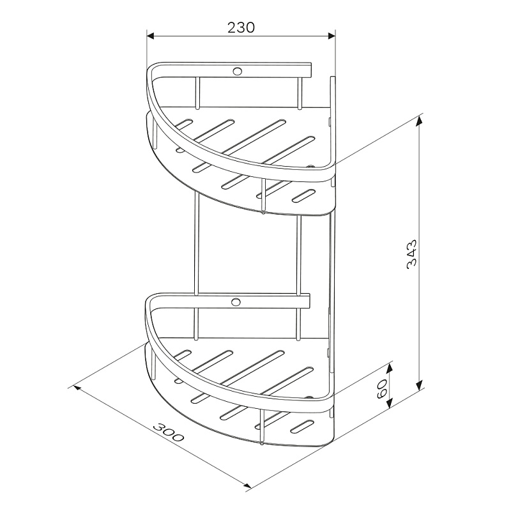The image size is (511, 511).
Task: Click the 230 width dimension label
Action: point(241,27)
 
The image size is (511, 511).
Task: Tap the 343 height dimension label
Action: point(412,254)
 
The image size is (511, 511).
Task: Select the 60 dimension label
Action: point(381,389)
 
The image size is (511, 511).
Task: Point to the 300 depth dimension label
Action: point(168,432)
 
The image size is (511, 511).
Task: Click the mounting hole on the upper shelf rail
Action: point(236,71)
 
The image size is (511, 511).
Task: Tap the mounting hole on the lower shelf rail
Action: point(236,301)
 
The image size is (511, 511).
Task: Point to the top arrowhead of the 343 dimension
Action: point(420,121)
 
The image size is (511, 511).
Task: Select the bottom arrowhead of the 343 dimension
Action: point(420,386)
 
